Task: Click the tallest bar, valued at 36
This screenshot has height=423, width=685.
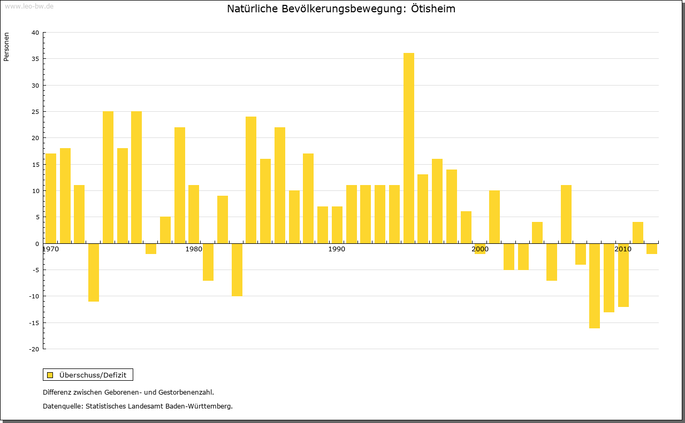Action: click(x=408, y=148)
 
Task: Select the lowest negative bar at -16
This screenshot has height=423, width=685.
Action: click(x=595, y=286)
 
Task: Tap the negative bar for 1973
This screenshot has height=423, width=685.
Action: click(x=94, y=272)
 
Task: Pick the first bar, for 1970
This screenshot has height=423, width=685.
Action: click(x=51, y=198)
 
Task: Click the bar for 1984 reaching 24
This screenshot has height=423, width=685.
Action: click(x=251, y=180)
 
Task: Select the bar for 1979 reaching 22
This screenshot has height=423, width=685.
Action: click(x=180, y=185)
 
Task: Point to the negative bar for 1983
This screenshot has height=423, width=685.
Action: click(x=237, y=270)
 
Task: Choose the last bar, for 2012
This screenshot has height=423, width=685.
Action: click(x=652, y=249)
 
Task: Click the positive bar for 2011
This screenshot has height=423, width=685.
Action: click(x=637, y=233)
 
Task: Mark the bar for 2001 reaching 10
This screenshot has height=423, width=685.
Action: click(x=494, y=217)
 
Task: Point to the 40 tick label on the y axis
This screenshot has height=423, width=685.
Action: click(x=35, y=33)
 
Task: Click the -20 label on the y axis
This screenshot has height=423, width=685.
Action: click(x=34, y=349)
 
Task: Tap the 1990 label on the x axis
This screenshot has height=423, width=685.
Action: click(x=337, y=249)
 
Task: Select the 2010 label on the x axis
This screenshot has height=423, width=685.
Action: click(x=623, y=249)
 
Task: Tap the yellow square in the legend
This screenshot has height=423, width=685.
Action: click(x=50, y=375)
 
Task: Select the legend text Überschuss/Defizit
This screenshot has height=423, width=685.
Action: click(x=93, y=375)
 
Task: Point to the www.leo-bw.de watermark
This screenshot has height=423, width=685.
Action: click(x=28, y=6)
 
